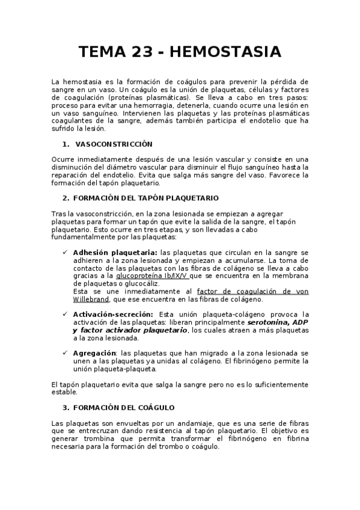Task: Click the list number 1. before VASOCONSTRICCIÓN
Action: click(66, 144)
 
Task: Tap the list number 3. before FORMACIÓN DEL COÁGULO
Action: click(66, 407)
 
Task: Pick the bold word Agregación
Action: click(94, 352)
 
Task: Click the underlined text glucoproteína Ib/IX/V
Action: click(152, 275)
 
